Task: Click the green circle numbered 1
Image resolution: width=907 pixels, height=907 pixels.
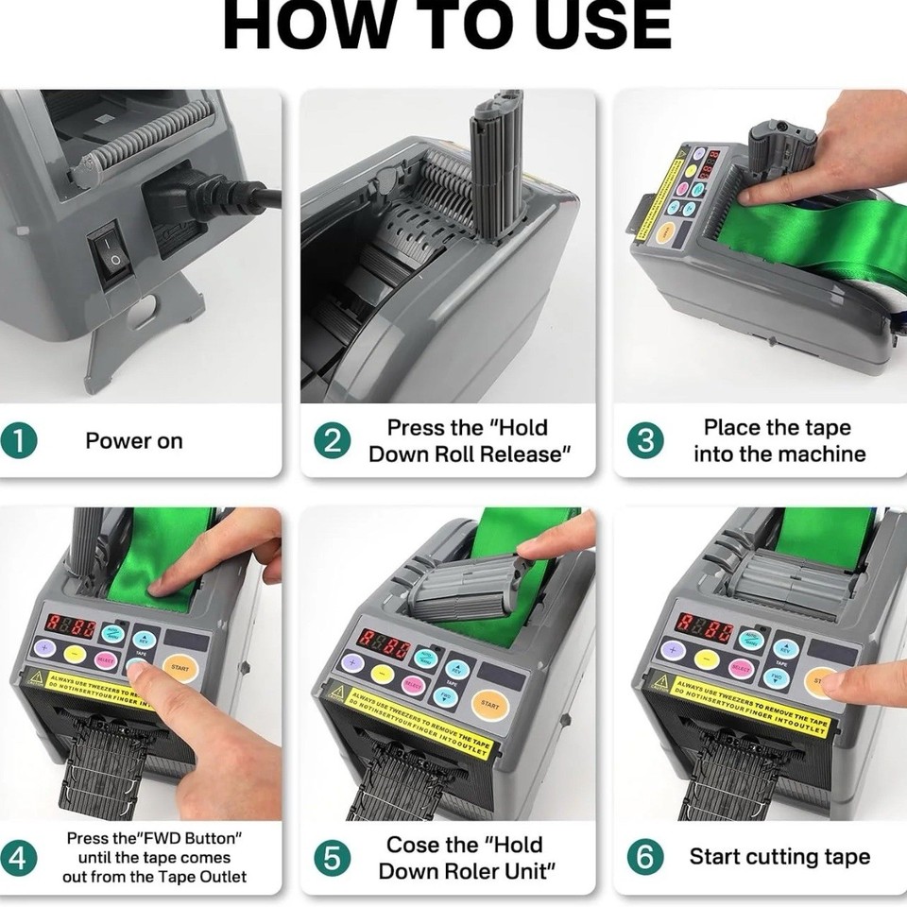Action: click(x=18, y=441)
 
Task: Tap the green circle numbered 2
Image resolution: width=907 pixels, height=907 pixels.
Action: click(x=332, y=441)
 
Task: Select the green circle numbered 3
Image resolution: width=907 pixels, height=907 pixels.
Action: click(x=645, y=441)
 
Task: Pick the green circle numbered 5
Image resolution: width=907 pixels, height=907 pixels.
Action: click(x=332, y=859)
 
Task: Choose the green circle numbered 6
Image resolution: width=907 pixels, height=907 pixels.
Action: click(x=645, y=858)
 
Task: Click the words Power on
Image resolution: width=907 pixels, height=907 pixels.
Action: click(x=134, y=441)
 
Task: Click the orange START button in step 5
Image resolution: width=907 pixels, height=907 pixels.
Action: click(x=489, y=704)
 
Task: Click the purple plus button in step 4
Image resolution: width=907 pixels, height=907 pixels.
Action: click(x=43, y=648)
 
